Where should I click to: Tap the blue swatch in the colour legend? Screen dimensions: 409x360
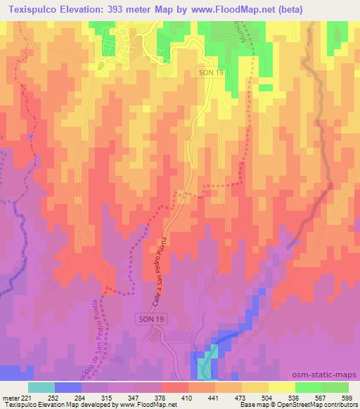[x=67, y=387]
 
